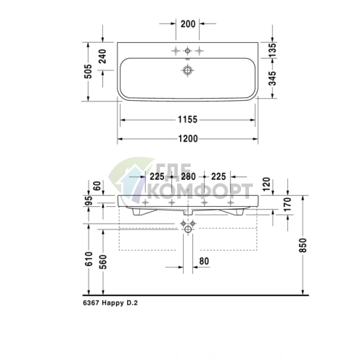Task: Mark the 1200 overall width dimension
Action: click(x=189, y=137)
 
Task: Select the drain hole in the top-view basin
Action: click(x=189, y=71)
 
